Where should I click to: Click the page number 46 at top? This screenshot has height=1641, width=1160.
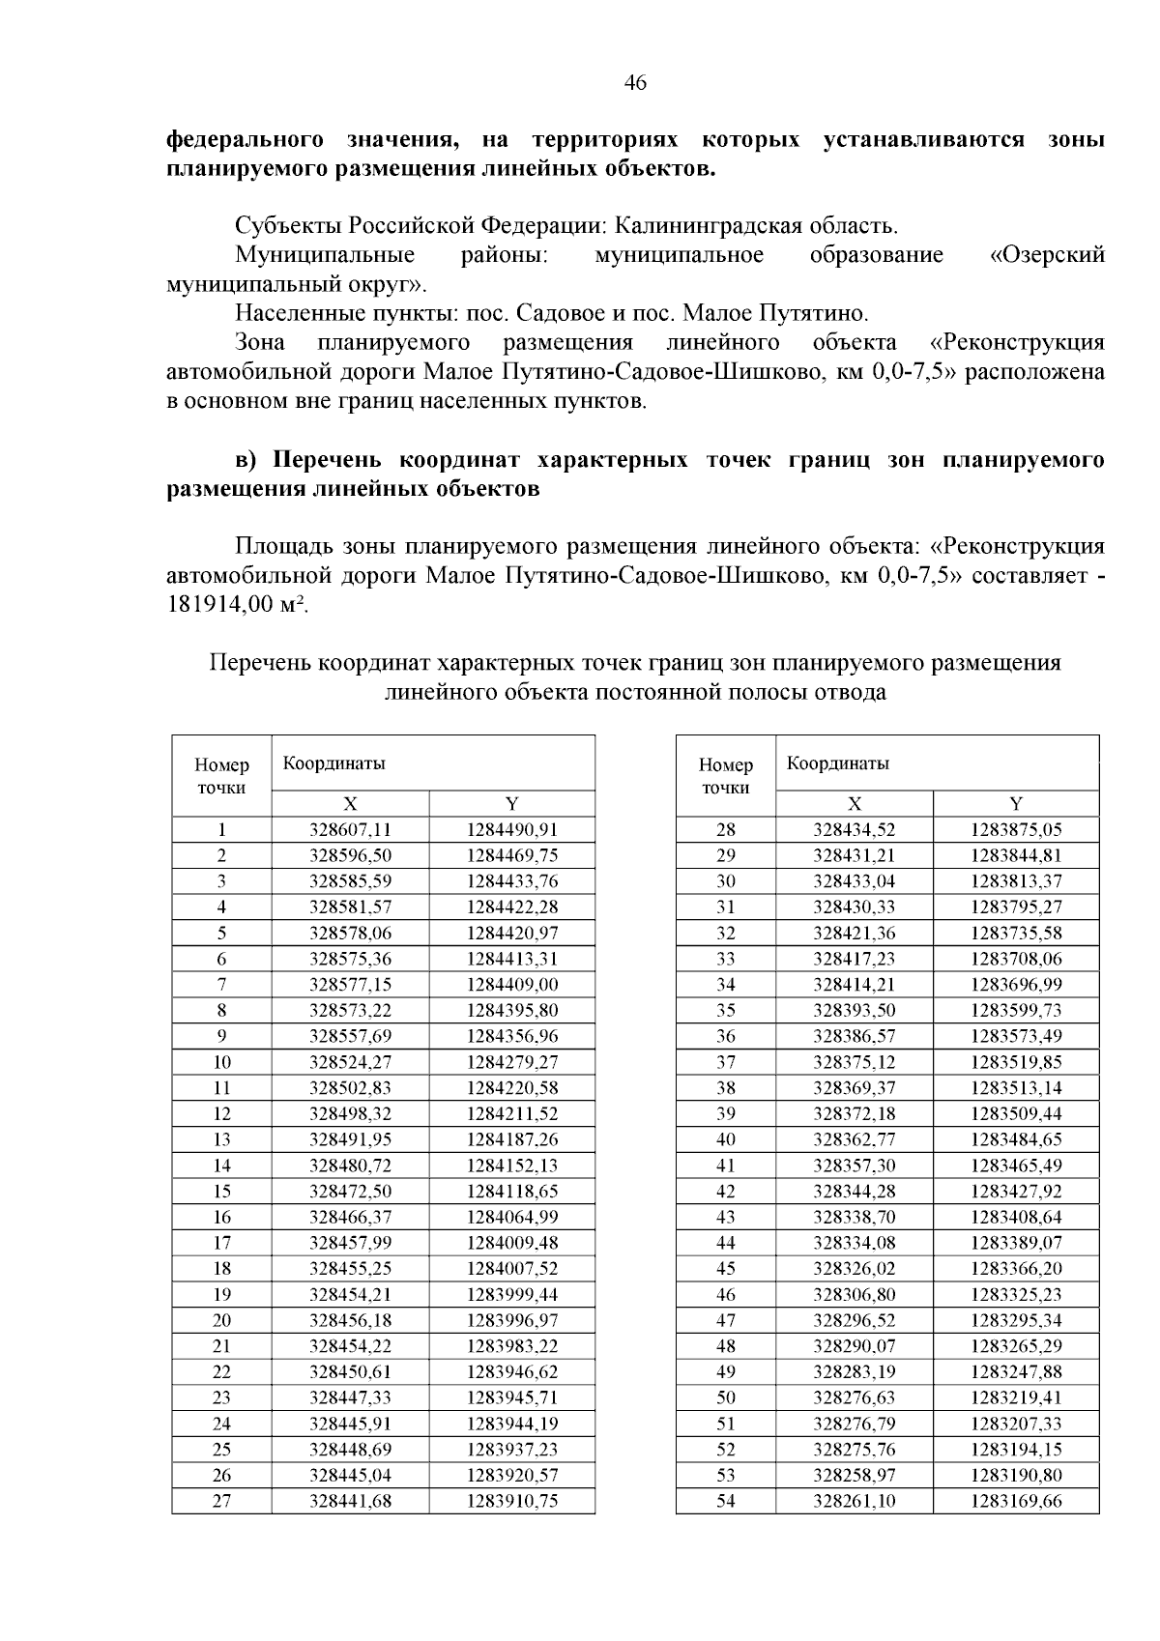click(635, 83)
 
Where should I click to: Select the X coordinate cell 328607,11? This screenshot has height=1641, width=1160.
click(350, 829)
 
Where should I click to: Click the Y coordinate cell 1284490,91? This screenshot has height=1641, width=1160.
click(512, 829)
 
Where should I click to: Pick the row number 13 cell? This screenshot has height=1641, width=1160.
click(221, 1139)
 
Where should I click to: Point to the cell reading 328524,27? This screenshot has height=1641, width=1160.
click(350, 1062)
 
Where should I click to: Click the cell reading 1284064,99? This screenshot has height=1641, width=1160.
click(512, 1217)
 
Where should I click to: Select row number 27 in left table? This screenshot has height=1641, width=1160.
click(221, 1501)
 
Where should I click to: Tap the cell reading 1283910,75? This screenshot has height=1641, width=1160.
click(512, 1501)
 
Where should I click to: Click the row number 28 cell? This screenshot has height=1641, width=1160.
click(725, 829)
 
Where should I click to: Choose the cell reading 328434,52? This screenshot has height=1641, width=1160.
click(855, 829)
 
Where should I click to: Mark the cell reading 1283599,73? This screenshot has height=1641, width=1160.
click(1016, 1010)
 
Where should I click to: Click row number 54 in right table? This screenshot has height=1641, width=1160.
click(725, 1501)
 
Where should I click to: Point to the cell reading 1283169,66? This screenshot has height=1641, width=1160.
click(1016, 1501)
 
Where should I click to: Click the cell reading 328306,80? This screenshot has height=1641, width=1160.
click(855, 1294)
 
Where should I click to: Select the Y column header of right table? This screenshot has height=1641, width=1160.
click(1016, 803)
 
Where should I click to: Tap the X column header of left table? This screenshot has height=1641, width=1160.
click(350, 803)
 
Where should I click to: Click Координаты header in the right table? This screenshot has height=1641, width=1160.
click(837, 763)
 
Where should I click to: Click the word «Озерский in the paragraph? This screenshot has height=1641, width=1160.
click(1048, 255)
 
